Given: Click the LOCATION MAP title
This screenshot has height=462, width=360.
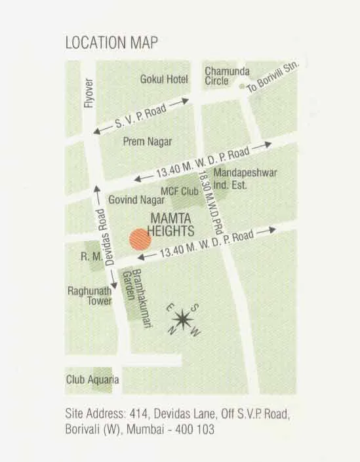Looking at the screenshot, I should click(111, 43).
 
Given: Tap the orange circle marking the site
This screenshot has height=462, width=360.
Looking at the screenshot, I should click(140, 239).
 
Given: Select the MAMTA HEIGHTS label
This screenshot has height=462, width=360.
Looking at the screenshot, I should click(172, 225).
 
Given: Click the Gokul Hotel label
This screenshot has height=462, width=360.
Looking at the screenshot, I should click(164, 79).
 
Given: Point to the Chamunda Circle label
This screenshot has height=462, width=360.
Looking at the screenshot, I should click(226, 75).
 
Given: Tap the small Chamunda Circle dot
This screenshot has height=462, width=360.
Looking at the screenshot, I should click(242, 87).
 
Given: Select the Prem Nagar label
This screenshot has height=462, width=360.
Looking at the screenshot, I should click(148, 142).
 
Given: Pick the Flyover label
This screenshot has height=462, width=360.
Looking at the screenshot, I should click(89, 94).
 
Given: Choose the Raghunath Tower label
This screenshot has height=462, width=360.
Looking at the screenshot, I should click(89, 296).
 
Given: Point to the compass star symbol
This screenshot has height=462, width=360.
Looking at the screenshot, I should click(184, 320).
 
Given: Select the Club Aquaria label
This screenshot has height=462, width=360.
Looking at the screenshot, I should click(92, 379).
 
